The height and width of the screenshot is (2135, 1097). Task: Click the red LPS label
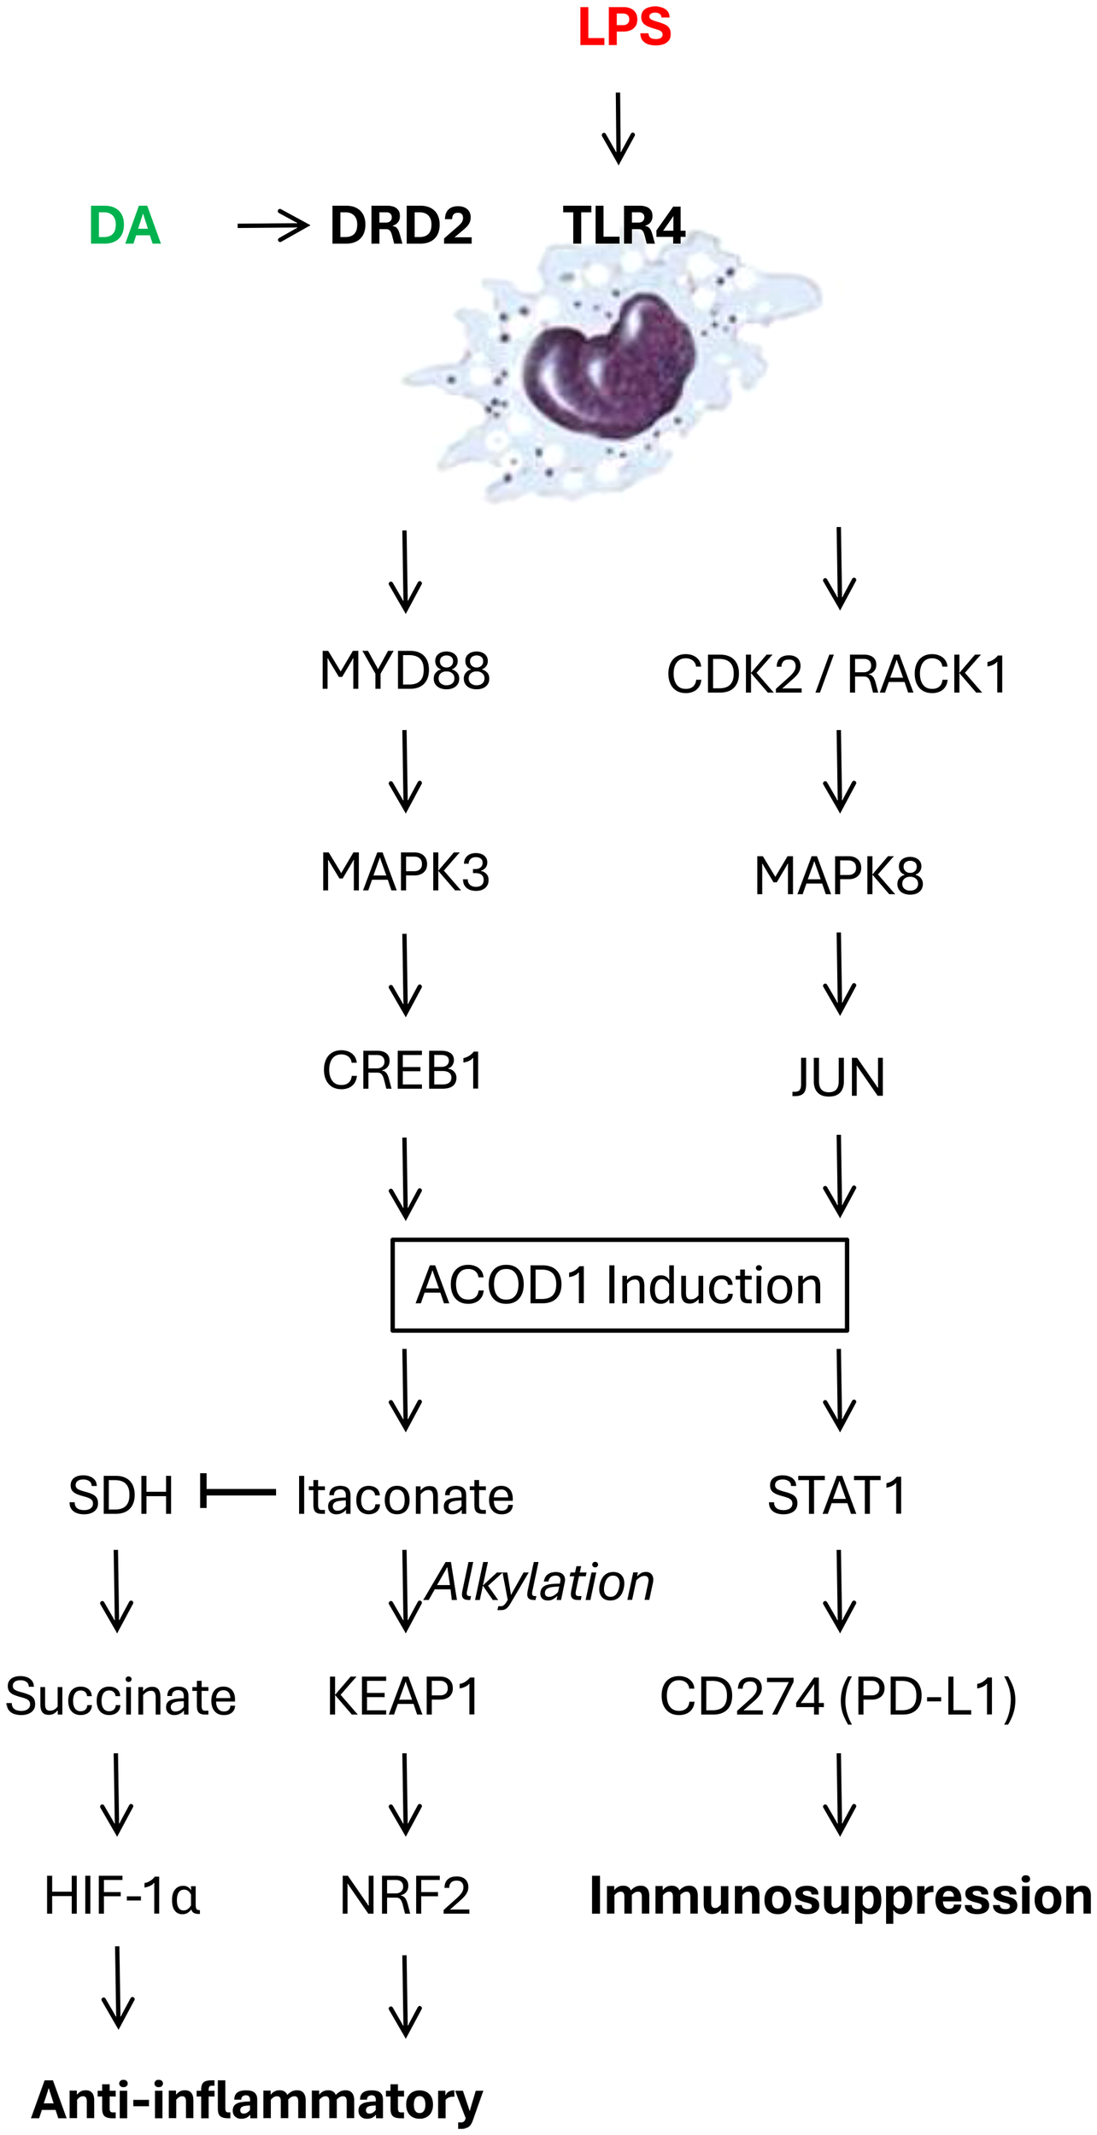coord(625,27)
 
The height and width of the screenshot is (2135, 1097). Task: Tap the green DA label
coord(125,226)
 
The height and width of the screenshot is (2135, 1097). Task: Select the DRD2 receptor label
coord(401,226)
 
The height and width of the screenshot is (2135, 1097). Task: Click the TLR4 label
coord(624,226)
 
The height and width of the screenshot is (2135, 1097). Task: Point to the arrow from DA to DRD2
coord(273,226)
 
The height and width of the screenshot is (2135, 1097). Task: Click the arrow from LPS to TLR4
coord(618,128)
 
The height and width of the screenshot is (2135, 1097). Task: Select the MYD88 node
coord(405,670)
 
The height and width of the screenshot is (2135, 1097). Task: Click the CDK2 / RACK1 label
coord(837,675)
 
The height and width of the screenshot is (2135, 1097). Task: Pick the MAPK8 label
coord(839,876)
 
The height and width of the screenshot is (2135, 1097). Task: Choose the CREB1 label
coord(403,1070)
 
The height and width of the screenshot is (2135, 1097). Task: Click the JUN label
coord(839,1077)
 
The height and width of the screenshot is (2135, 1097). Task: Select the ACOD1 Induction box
coord(619,1285)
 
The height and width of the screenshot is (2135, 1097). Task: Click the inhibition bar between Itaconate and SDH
coord(238,1492)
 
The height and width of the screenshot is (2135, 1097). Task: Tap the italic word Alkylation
coord(540,1582)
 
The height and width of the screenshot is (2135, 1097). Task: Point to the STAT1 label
coord(837,1495)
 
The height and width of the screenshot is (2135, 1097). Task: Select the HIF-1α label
coord(121,1896)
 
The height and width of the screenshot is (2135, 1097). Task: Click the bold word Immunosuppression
coord(841,1896)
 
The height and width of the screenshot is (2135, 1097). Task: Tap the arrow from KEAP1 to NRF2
coord(405,1794)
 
